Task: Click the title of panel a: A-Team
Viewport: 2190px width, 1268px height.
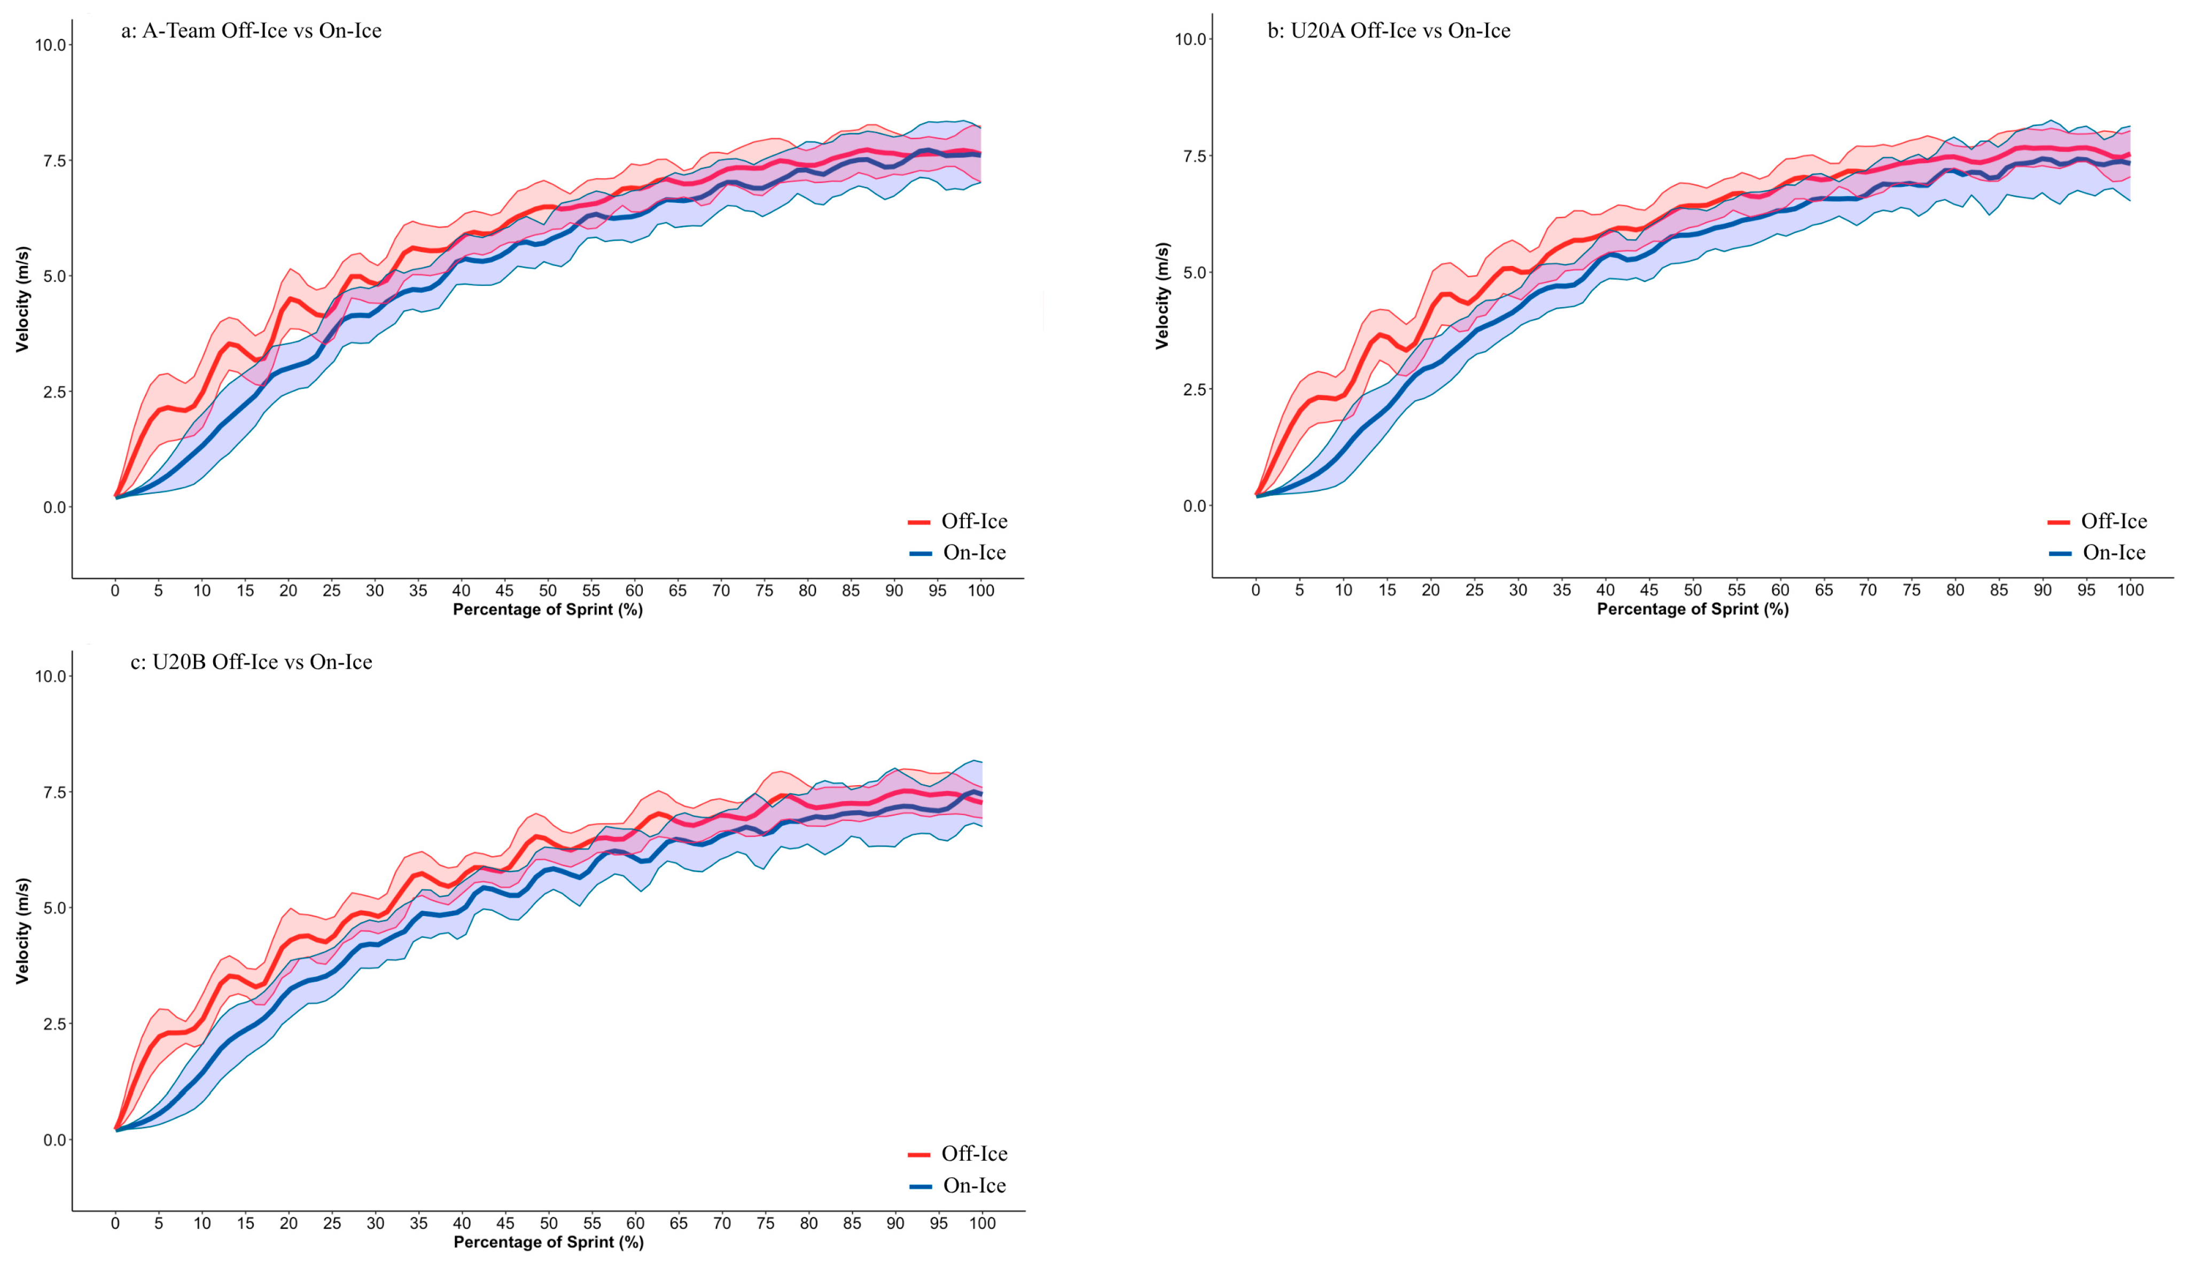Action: point(251,32)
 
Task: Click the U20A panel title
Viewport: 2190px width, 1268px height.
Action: point(1389,32)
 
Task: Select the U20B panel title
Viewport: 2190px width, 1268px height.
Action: point(251,662)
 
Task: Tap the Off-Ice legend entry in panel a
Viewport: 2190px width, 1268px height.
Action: point(957,521)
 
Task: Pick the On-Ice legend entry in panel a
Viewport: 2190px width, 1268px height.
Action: point(957,553)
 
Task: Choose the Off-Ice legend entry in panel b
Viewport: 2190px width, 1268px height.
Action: point(2097,521)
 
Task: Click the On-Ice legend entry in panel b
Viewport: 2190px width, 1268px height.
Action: point(2097,553)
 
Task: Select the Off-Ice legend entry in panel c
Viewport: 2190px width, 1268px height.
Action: point(957,1154)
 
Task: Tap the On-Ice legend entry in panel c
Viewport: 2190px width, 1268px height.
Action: point(957,1185)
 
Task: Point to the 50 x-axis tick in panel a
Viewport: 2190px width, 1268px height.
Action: point(548,591)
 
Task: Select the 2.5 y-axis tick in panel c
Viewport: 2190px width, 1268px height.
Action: point(54,1024)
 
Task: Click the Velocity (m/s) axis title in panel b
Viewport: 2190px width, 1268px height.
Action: point(1162,296)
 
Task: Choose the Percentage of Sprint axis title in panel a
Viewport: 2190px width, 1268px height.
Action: point(548,610)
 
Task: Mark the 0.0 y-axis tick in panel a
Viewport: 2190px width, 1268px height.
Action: point(54,507)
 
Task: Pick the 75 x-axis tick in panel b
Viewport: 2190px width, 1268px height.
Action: point(1911,591)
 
